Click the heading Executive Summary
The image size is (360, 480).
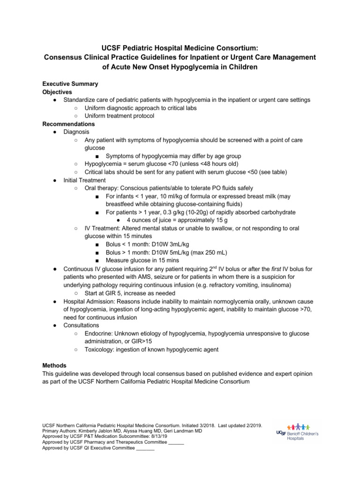70,84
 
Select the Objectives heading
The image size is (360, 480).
57,92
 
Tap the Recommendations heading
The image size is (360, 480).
68,124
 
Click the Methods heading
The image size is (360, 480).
54,365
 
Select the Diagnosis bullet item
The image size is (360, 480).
76,132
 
